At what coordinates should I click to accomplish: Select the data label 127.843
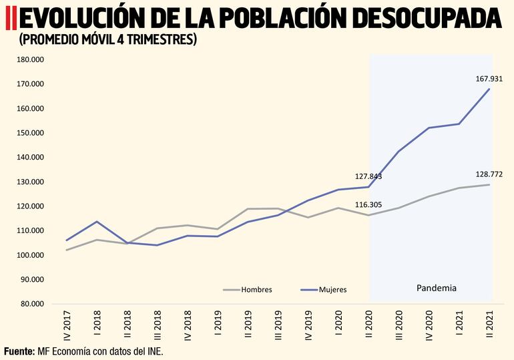point(368,177)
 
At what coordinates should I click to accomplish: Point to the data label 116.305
point(368,205)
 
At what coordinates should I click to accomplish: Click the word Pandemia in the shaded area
point(437,288)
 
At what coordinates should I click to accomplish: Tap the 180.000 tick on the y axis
point(30,59)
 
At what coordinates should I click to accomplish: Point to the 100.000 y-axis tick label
point(30,255)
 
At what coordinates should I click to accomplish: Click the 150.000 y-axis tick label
point(30,133)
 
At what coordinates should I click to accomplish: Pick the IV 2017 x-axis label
point(67,325)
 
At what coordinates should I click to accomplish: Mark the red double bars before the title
point(9,19)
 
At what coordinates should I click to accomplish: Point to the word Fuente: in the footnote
point(19,351)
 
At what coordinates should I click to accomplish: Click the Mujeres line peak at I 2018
point(97,222)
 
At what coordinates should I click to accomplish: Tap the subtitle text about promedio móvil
point(108,40)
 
